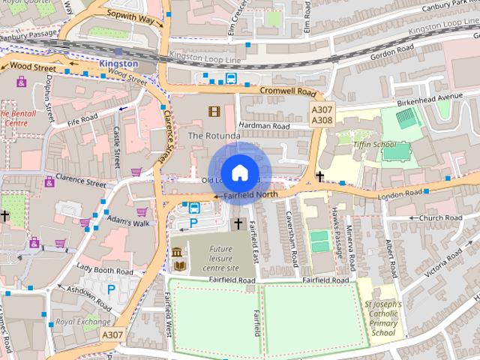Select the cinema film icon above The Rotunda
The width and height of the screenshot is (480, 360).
pos(215,112)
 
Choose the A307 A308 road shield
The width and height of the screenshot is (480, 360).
pos(322,115)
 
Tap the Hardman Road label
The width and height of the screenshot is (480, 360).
pos(263,126)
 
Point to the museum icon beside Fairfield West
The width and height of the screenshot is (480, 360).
pos(177,253)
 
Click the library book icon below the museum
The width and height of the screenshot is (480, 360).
pos(180,266)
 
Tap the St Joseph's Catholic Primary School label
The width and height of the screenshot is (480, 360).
pos(382,319)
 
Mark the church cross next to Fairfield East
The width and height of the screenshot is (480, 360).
pos(238,223)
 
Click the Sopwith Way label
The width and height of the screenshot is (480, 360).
pos(130,14)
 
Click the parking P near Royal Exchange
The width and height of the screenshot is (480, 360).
pos(112,289)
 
